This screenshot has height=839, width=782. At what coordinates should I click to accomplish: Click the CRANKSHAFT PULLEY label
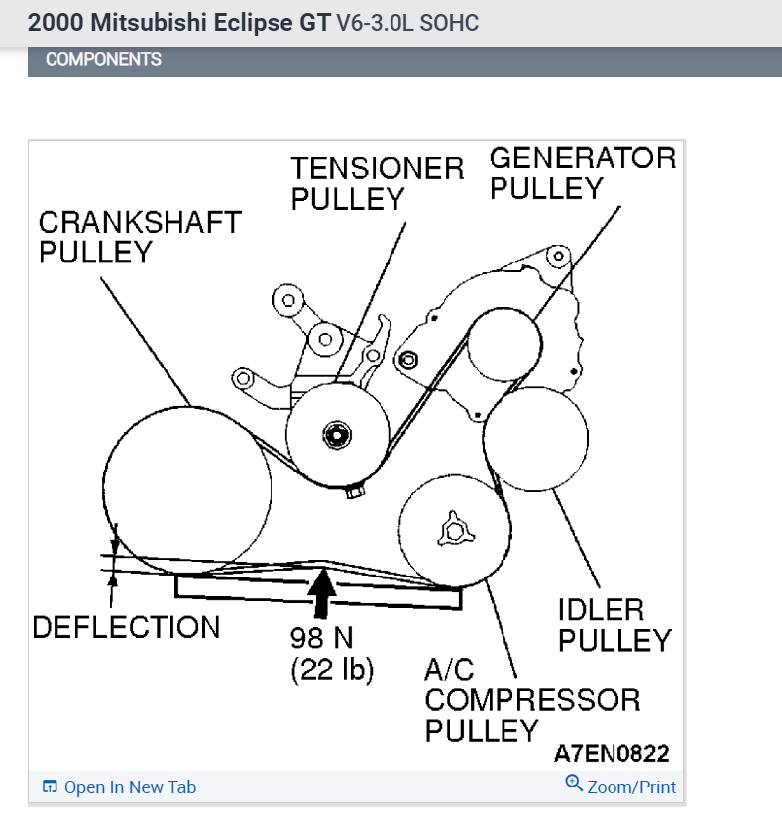[x=140, y=236]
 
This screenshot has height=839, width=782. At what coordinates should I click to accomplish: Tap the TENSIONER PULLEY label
[x=377, y=183]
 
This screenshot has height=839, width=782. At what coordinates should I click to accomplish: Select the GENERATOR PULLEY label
[x=582, y=172]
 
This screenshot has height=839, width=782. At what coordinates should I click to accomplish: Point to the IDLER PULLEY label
[x=614, y=624]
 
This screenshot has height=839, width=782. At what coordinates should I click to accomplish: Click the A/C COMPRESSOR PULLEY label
[x=532, y=700]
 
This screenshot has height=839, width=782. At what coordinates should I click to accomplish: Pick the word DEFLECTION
[x=127, y=627]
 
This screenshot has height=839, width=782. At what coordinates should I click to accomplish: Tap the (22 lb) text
[x=332, y=670]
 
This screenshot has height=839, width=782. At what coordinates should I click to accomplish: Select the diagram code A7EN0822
[x=612, y=754]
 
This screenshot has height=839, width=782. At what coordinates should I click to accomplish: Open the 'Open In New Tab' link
[x=130, y=787]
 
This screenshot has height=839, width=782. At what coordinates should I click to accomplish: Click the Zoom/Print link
[x=631, y=787]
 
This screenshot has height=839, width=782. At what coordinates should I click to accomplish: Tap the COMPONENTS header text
[x=103, y=60]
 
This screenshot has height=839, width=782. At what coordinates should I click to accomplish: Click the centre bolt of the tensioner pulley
[x=337, y=434]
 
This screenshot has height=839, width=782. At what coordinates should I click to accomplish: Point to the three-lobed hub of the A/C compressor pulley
[x=455, y=530]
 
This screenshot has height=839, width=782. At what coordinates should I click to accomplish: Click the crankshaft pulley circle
[x=187, y=490]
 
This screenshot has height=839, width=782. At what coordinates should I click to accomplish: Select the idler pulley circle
[x=536, y=440]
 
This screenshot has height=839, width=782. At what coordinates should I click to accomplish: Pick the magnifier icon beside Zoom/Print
[x=573, y=784]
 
